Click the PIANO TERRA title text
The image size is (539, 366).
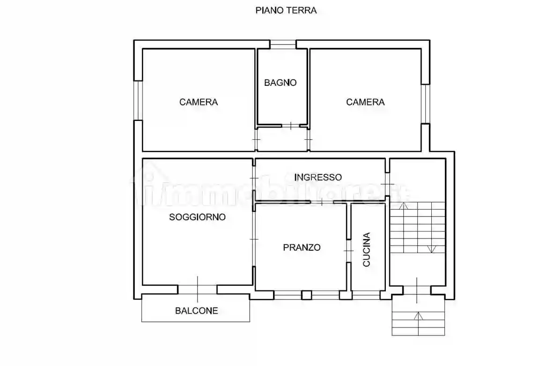click(x=286, y=10)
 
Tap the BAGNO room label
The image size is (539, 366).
click(x=280, y=83)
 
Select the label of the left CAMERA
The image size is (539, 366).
click(x=199, y=102)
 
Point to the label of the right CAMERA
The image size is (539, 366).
click(x=365, y=102)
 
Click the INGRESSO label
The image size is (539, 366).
click(x=318, y=178)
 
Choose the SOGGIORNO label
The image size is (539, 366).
click(x=198, y=217)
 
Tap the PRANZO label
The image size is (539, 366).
click(x=302, y=247)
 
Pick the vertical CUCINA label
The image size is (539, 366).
click(x=367, y=250)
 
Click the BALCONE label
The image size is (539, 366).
click(x=197, y=311)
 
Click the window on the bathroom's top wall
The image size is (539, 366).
click(x=283, y=45)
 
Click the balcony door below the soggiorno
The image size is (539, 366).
click(x=197, y=290)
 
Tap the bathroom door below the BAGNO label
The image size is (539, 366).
click(x=291, y=126)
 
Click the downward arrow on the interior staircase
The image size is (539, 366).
click(x=432, y=248)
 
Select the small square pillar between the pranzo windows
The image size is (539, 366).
click(x=306, y=295)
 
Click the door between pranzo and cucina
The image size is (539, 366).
click(x=349, y=251)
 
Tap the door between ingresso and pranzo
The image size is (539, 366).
click(x=322, y=202)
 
